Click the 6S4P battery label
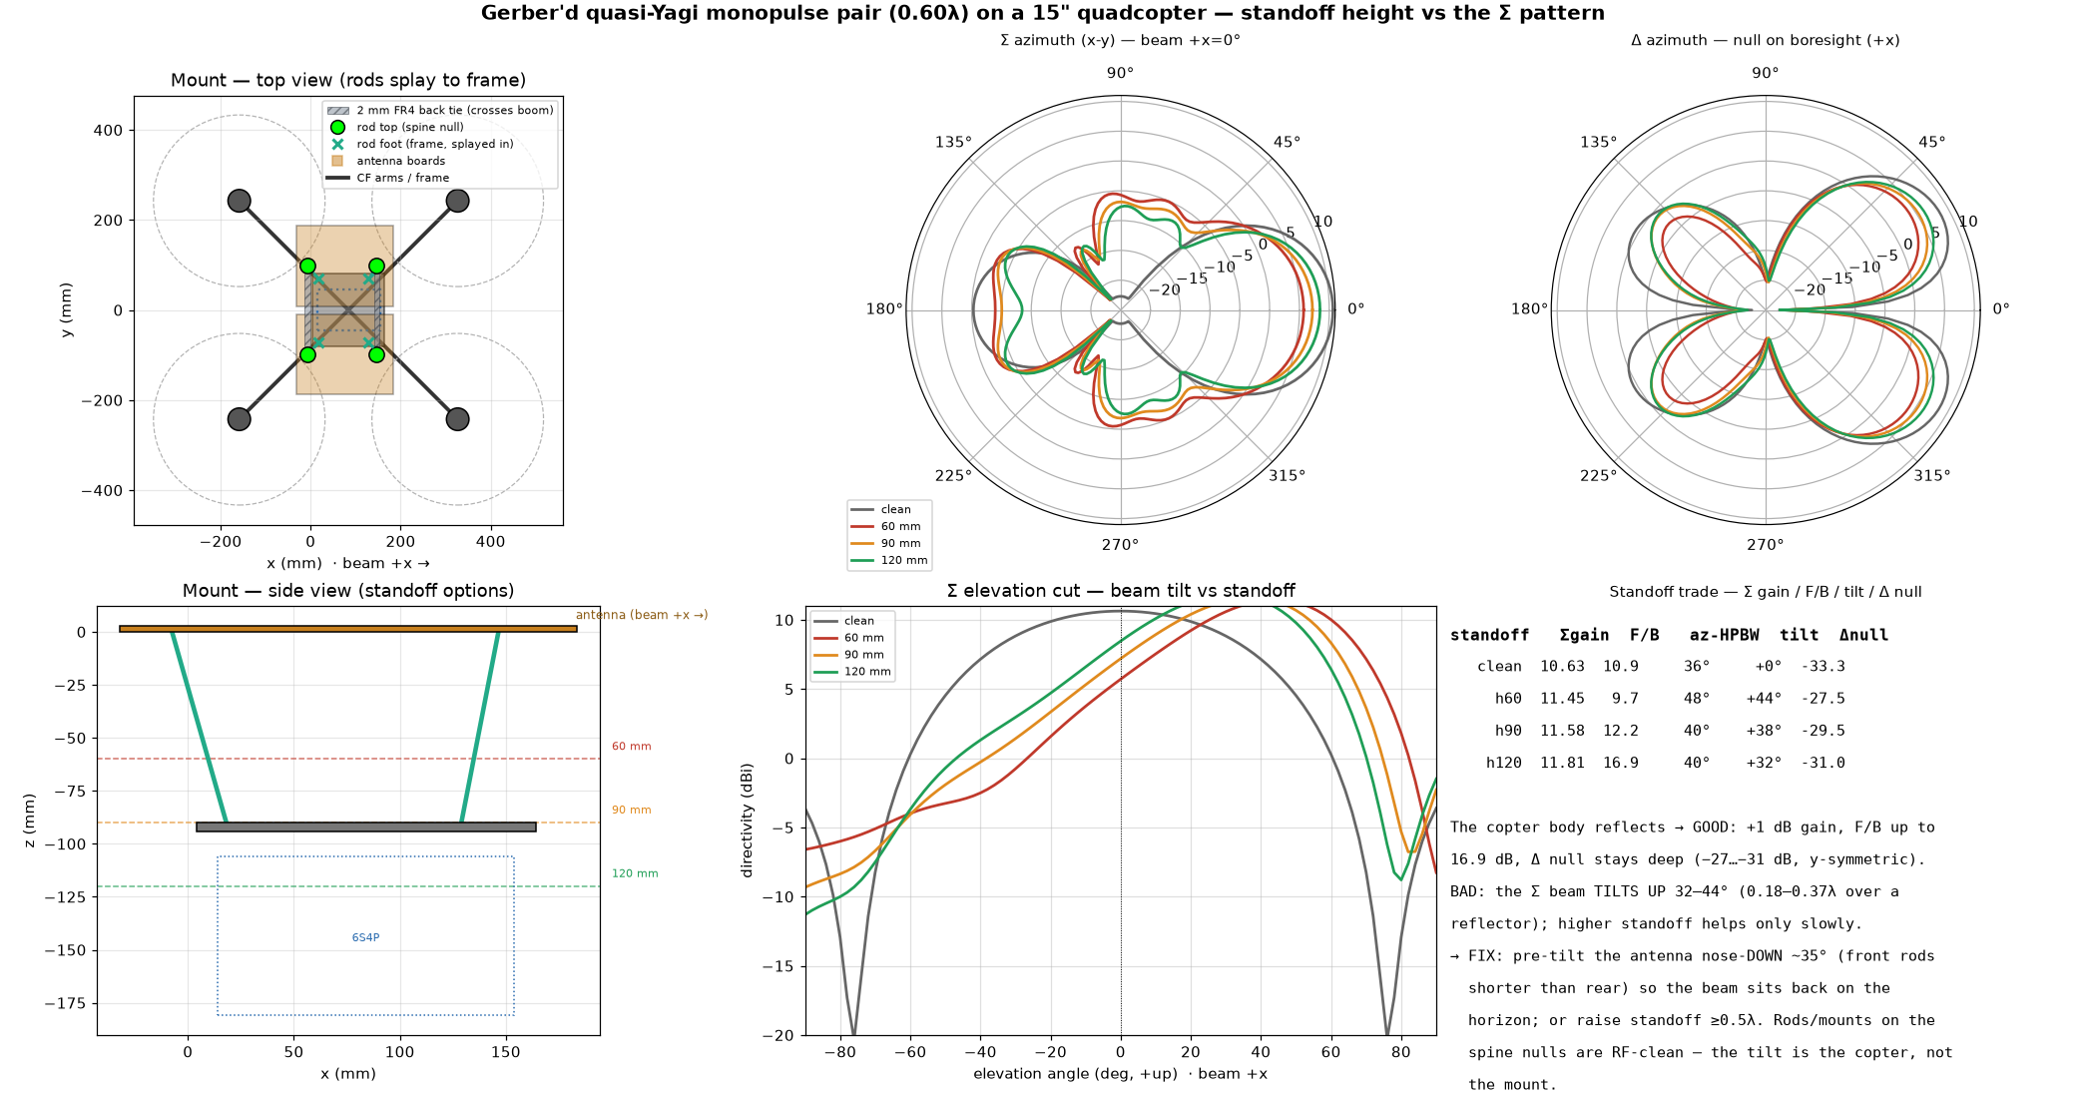pyautogui.click(x=365, y=937)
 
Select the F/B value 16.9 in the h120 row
pyautogui.click(x=1621, y=763)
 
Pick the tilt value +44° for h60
pyautogui.click(x=1764, y=699)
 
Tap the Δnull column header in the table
pyautogui.click(x=1863, y=635)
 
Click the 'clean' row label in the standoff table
pyautogui.click(x=1499, y=667)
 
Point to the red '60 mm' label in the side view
pyautogui.click(x=631, y=747)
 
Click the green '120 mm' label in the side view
pyautogui.click(x=635, y=873)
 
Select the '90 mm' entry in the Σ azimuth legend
pyautogui.click(x=900, y=543)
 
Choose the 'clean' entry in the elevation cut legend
pyautogui.click(x=858, y=621)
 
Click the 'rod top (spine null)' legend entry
pyautogui.click(x=410, y=127)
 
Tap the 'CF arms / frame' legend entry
pyautogui.click(x=403, y=178)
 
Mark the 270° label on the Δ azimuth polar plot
pyautogui.click(x=1765, y=545)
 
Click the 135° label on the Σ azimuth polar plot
pyautogui.click(x=953, y=143)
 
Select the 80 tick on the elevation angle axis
pyautogui.click(x=1401, y=1051)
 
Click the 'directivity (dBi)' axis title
pyautogui.click(x=747, y=821)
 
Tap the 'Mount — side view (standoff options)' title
pyautogui.click(x=348, y=591)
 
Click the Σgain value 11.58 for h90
pyautogui.click(x=1562, y=731)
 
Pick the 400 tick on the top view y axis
pyautogui.click(x=109, y=130)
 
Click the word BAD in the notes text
pyautogui.click(x=1463, y=891)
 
